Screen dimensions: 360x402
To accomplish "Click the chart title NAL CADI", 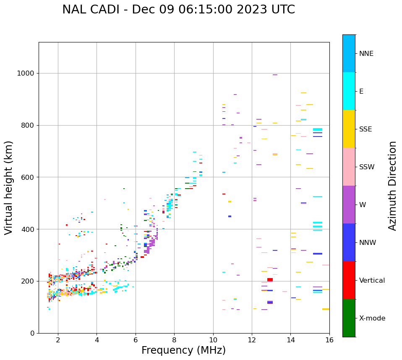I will (x=178, y=10).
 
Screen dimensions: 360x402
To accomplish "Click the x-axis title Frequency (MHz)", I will (x=183, y=350).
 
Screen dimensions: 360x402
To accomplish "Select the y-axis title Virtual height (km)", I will (x=9, y=187).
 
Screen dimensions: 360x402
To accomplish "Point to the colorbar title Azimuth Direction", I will (x=392, y=186).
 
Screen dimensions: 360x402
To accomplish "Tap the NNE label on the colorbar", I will (x=366, y=54).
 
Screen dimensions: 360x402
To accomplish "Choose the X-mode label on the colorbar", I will (x=372, y=318).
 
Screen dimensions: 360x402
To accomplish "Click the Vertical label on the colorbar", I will (x=372, y=281).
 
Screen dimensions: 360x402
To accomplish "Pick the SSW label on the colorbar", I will (x=366, y=167).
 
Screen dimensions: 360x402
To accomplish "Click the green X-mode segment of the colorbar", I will (x=349, y=318).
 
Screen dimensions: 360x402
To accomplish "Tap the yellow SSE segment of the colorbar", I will (x=349, y=129).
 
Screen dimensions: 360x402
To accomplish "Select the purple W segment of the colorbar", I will (x=349, y=205).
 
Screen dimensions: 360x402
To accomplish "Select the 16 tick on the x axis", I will (x=329, y=340).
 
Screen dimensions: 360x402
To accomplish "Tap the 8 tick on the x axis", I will (x=174, y=340).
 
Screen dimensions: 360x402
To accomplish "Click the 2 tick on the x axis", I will (x=58, y=340).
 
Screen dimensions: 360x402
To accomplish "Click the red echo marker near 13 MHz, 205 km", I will (x=270, y=279).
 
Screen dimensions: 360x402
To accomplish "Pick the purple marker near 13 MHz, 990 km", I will (x=275, y=75).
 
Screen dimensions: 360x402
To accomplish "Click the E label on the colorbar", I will (x=361, y=92).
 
